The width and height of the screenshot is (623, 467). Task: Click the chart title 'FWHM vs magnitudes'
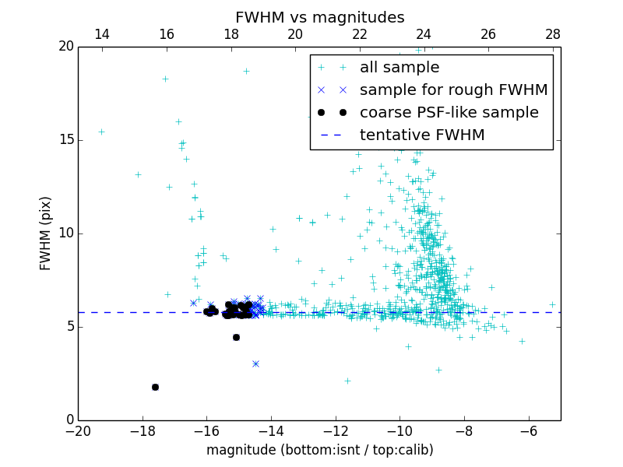319,17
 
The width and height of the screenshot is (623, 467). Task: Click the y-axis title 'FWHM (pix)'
46,233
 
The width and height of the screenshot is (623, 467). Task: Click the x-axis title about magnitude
319,450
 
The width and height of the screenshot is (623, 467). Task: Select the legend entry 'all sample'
399,68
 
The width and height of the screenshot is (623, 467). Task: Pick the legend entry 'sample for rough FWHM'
453,90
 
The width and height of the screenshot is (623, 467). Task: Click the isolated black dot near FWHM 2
155,387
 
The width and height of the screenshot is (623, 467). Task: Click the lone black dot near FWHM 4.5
236,337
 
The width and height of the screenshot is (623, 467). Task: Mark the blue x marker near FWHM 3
255,363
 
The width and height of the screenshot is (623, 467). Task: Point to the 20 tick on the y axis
65,46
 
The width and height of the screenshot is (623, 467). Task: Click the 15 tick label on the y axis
65,139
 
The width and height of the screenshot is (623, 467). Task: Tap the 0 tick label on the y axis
69,420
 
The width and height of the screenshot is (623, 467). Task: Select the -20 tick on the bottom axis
78,431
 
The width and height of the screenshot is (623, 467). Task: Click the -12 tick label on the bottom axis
336,431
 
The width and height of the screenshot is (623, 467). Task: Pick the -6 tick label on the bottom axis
529,431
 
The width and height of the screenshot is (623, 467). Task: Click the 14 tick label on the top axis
101,34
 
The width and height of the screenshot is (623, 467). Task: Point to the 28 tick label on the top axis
553,34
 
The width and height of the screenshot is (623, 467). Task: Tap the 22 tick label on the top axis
360,34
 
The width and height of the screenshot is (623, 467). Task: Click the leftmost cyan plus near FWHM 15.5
101,132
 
